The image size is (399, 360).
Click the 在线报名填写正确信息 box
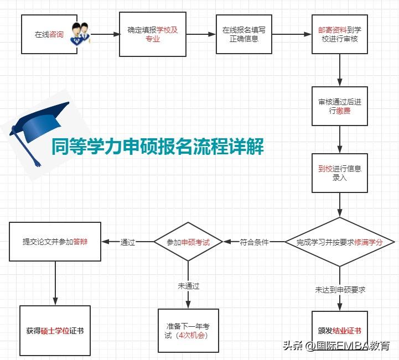[243, 34]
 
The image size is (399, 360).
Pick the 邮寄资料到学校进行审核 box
[339, 34]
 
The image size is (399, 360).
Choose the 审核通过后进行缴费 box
[339, 106]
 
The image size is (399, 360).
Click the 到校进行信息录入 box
[339, 173]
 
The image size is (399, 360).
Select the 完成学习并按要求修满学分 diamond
[340, 242]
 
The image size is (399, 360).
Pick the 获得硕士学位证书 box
[55, 330]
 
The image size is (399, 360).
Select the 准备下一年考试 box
[188, 331]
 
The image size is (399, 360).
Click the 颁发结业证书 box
[339, 331]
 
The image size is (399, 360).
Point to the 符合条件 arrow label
[254, 242]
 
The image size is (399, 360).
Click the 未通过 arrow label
[188, 286]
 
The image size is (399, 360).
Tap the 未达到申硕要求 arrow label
[340, 289]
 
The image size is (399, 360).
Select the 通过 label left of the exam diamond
[128, 242]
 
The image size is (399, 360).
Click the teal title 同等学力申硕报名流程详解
[157, 147]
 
